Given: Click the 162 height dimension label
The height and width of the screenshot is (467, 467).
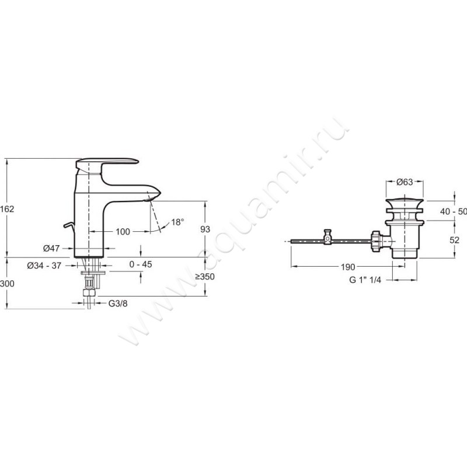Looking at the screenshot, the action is point(7,209).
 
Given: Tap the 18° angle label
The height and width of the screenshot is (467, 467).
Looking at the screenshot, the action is point(177,222).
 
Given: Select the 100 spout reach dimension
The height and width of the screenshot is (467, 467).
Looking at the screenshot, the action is point(123,231).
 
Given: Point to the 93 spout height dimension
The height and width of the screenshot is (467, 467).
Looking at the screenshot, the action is point(205,229).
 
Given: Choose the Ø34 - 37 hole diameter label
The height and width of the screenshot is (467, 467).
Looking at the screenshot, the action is point(44,266).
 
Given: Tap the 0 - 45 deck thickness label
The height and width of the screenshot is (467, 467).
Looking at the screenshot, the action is point(141,264).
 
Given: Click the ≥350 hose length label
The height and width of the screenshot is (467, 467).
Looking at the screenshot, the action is point(205,277).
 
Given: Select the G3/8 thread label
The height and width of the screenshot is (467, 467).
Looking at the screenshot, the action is point(118,304).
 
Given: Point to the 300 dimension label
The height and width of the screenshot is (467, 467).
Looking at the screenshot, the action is point(7,284).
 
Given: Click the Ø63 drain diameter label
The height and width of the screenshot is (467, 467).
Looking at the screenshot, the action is point(405,182).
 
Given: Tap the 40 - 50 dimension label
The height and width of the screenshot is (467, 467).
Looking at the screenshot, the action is point(454,211).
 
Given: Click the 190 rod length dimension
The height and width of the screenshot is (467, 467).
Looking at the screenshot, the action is point(348,267).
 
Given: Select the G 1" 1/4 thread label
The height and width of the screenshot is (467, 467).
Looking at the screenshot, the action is point(365,280).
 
